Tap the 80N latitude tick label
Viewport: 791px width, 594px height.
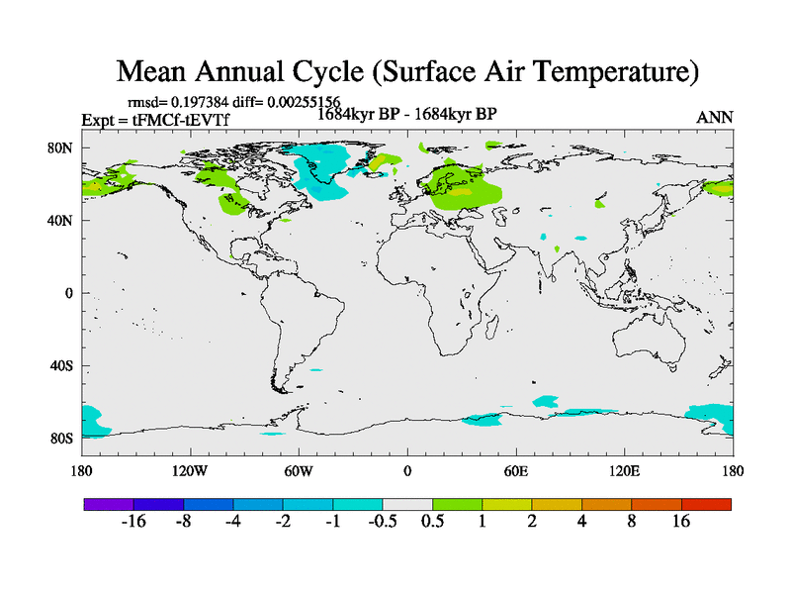click(63, 148)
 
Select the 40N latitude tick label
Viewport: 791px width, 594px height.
click(63, 220)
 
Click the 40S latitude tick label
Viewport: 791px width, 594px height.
click(63, 365)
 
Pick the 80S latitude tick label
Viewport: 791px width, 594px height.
click(63, 438)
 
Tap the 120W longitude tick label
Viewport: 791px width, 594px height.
click(189, 470)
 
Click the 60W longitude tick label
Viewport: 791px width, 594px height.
click(298, 470)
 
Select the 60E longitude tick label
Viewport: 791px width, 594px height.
click(515, 470)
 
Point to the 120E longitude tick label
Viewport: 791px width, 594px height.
click(624, 470)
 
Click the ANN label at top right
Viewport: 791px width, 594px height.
click(715, 117)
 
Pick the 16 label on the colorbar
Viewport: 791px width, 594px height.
click(681, 522)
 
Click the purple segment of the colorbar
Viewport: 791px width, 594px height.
click(108, 504)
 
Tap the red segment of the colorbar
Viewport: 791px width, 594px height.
click(706, 504)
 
